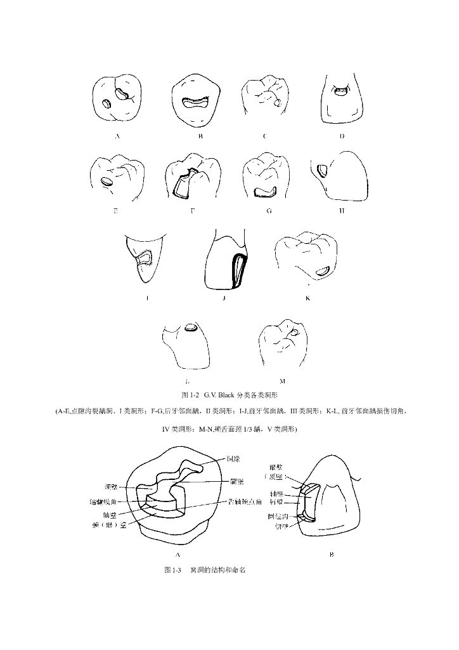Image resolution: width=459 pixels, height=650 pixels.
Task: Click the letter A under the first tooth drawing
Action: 117,136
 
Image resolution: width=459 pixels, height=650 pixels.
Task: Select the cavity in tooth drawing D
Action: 341,91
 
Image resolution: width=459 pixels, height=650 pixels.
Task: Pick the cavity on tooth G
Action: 262,190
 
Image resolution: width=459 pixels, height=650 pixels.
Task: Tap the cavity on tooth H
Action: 321,169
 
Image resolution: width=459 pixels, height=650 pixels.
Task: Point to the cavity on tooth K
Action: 323,271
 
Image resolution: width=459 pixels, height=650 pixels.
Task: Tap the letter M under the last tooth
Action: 282,381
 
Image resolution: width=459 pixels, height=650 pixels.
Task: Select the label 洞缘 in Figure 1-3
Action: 232,458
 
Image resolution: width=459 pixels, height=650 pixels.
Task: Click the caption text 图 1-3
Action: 172,570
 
